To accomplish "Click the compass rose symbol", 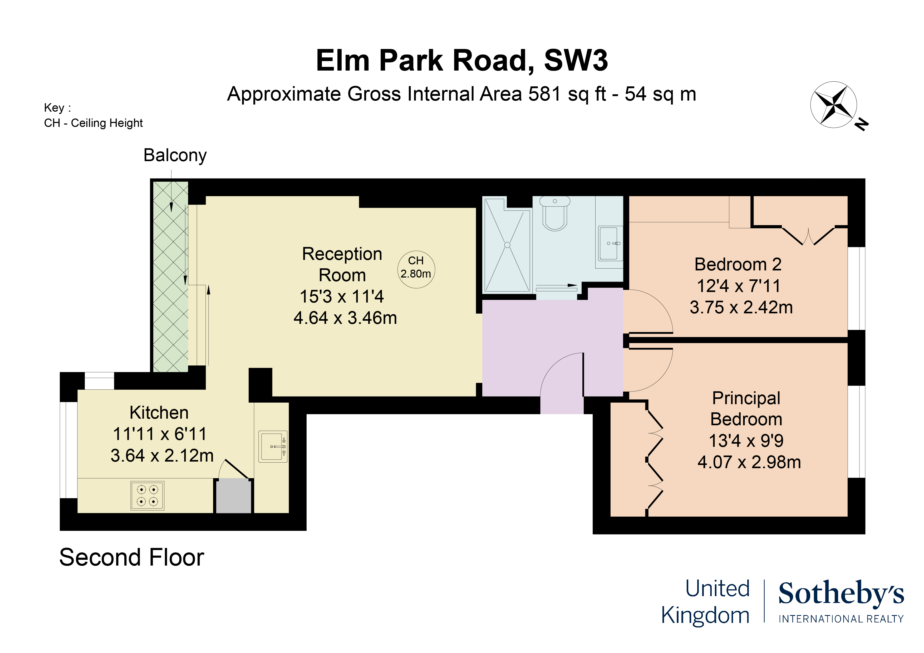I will [833, 105].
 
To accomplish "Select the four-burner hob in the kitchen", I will [147, 495].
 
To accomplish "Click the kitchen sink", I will [272, 446].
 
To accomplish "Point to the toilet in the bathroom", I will [555, 213].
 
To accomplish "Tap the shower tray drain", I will [507, 245].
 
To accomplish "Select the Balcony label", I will [175, 155].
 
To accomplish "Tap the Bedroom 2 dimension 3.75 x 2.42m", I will [741, 307].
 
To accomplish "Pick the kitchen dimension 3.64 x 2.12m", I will [162, 456].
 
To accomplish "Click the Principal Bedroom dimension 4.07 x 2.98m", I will [749, 462].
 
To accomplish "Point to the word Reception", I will [342, 254].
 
